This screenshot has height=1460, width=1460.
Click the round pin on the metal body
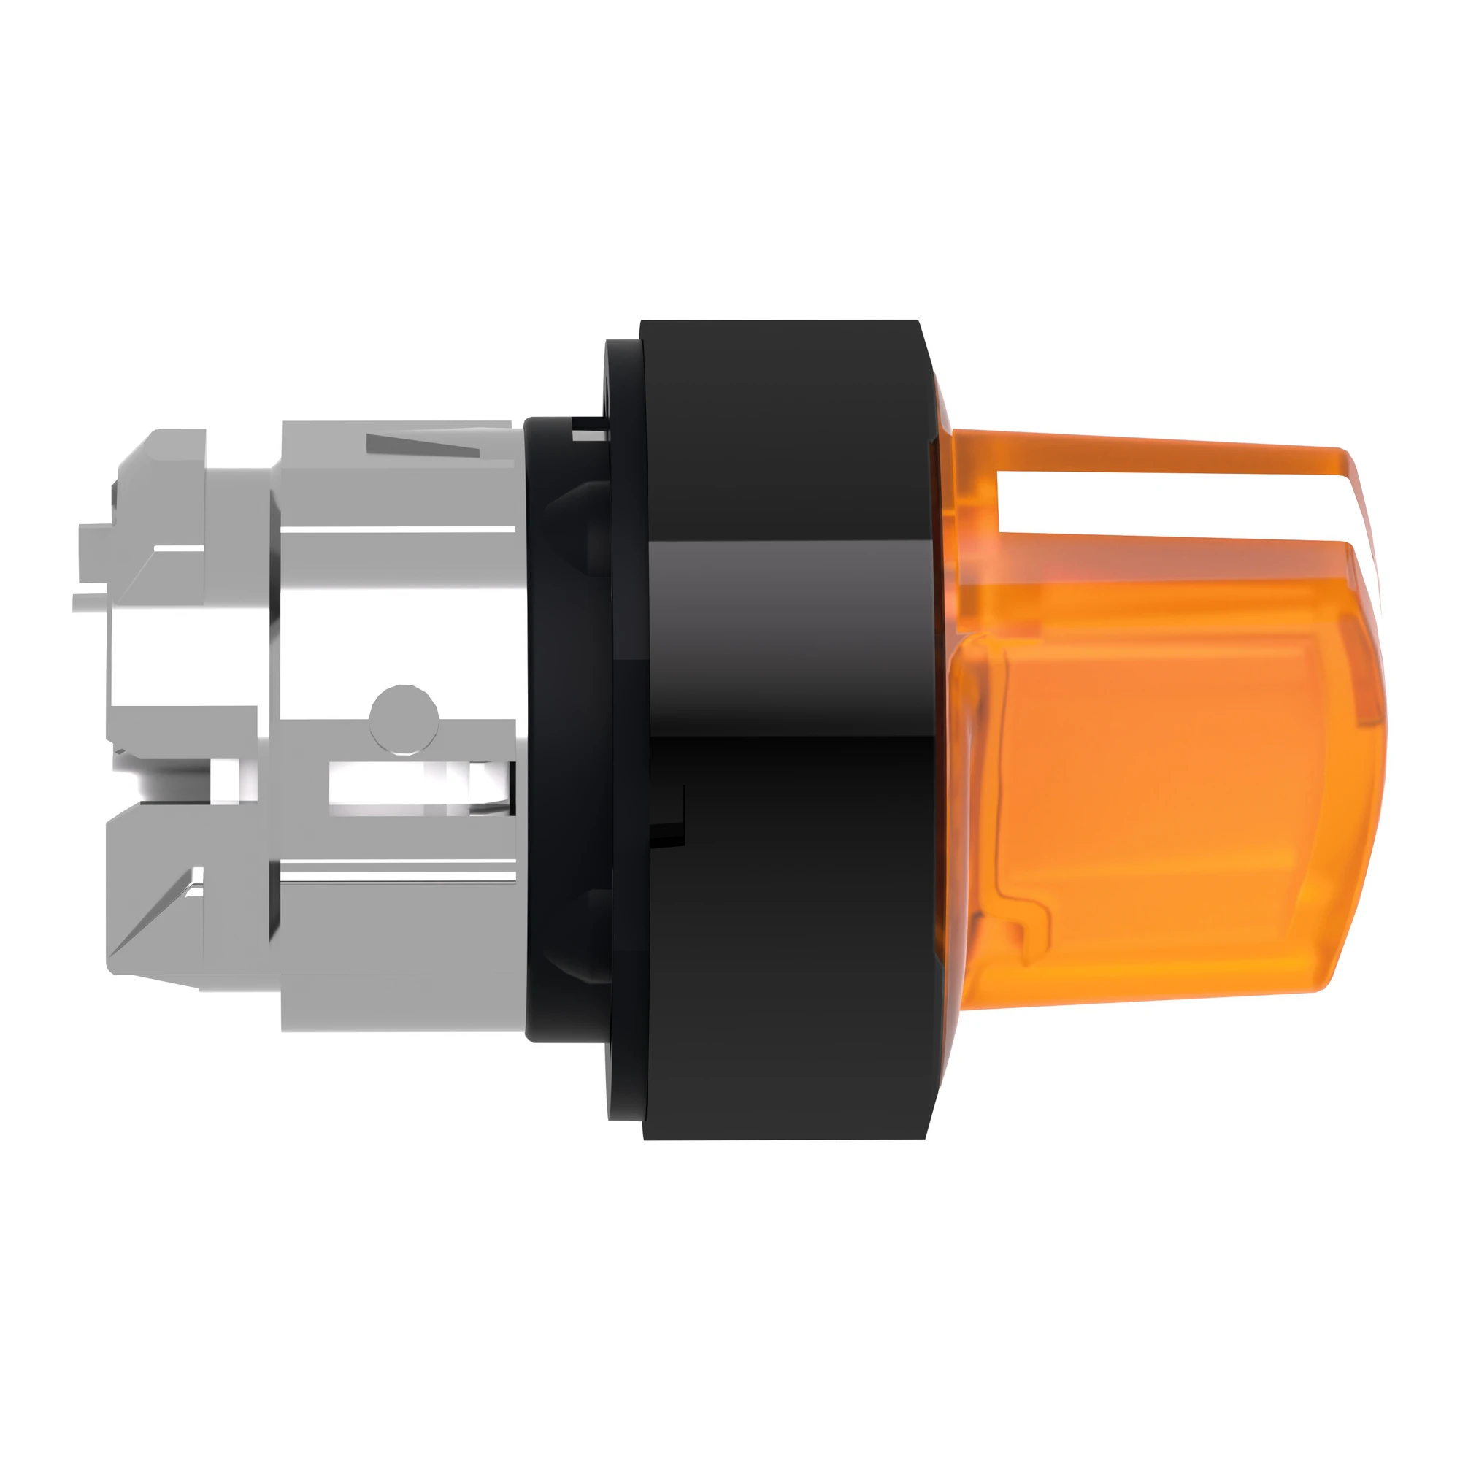click(404, 717)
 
